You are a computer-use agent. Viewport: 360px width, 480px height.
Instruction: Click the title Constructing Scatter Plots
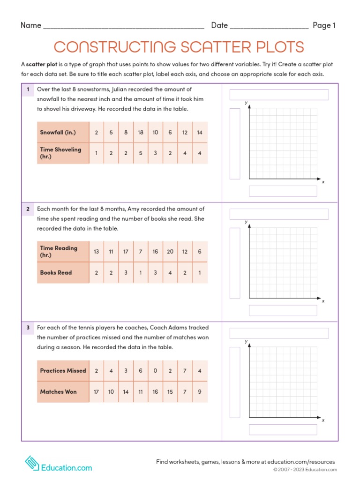[x=179, y=47]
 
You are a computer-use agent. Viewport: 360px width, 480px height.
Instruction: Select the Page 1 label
[x=324, y=26]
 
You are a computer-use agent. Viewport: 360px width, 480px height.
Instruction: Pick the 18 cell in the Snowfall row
[x=141, y=133]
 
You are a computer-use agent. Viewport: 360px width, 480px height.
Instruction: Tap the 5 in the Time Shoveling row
[x=141, y=153]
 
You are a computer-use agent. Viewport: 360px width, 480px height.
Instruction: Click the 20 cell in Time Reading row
[x=170, y=252]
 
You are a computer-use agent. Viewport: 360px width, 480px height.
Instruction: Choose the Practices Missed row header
[x=63, y=371]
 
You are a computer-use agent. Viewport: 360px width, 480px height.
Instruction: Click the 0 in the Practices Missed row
[x=155, y=371]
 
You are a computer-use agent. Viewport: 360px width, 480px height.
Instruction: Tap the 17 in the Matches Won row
[x=97, y=392]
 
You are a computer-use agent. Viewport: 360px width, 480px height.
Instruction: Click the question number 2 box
[x=28, y=209]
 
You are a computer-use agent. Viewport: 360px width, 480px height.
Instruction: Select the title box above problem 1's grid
[x=279, y=95]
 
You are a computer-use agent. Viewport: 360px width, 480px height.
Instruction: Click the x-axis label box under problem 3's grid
[x=283, y=429]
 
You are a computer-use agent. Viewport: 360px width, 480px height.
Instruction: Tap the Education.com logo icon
[x=31, y=463]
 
